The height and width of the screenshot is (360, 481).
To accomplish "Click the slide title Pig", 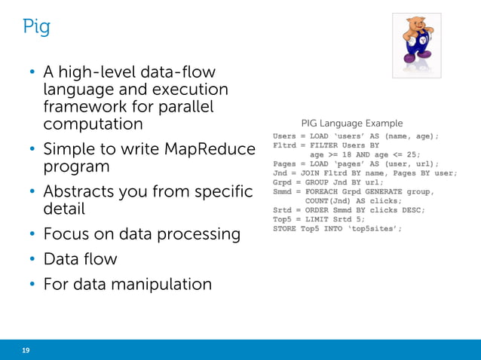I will click(x=36, y=28).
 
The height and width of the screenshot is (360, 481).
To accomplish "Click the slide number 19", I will click(x=26, y=350).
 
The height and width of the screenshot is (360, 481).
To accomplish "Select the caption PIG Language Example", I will click(x=351, y=123).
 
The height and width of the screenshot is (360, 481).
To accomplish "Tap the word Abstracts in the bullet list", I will click(x=84, y=191).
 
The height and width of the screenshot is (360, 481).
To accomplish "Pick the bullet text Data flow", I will click(x=80, y=259).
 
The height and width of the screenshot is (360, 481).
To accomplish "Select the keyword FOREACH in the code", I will click(x=326, y=191).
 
